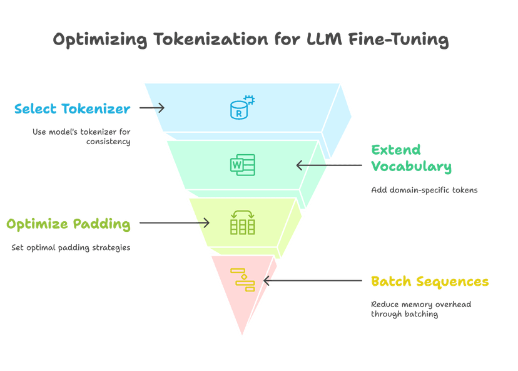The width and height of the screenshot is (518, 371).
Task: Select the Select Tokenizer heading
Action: tap(72, 108)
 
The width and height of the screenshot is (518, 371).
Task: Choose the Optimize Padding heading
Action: tap(68, 223)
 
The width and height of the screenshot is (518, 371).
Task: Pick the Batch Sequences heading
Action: tap(429, 281)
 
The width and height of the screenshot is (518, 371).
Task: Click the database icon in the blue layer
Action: tap(242, 107)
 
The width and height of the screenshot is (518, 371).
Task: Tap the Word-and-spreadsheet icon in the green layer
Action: tap(242, 165)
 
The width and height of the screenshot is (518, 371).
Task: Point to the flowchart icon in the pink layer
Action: tap(242, 280)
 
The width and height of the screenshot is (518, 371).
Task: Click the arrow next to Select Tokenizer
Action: tap(152, 108)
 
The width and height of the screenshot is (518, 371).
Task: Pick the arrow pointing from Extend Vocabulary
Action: tap(328, 165)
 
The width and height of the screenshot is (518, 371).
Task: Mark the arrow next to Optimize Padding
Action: tap(174, 222)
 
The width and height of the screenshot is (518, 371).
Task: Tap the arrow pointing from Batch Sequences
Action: tap(313, 281)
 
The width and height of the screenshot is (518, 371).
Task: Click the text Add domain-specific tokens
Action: tap(424, 190)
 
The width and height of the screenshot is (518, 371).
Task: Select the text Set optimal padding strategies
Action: tap(71, 248)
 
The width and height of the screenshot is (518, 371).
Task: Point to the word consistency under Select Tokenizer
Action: tap(108, 142)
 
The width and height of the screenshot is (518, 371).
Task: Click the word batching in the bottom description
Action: tap(421, 314)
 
